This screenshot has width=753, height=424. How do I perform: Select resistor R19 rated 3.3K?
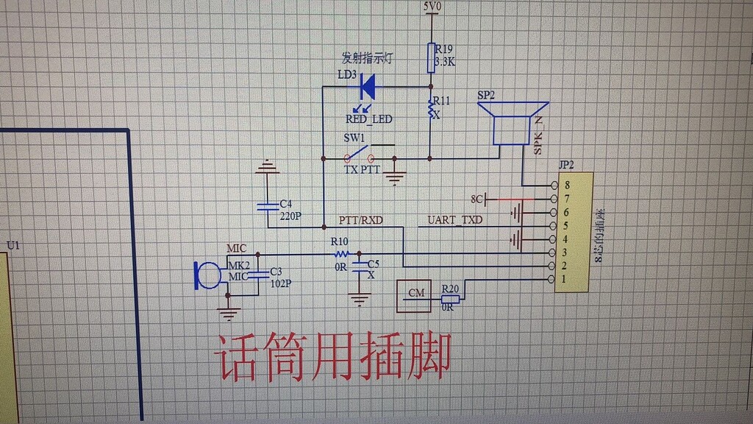432,57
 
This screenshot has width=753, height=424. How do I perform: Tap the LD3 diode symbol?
368,87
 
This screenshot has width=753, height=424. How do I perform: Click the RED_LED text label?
368,119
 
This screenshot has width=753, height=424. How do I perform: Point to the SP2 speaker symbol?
513,123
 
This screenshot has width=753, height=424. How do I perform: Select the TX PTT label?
362,169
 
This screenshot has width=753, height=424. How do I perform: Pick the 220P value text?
291,216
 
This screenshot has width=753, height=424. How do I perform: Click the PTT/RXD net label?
360,219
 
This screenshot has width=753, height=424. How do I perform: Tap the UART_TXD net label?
455,219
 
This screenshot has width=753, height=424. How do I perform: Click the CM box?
416,294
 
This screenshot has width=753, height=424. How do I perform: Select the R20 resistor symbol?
450,299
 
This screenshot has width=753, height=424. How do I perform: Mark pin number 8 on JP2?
566,185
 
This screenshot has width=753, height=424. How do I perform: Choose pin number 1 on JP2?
565,279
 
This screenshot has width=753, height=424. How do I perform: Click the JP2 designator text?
566,164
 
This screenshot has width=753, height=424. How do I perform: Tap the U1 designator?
13,245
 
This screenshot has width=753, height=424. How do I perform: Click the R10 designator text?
339,241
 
